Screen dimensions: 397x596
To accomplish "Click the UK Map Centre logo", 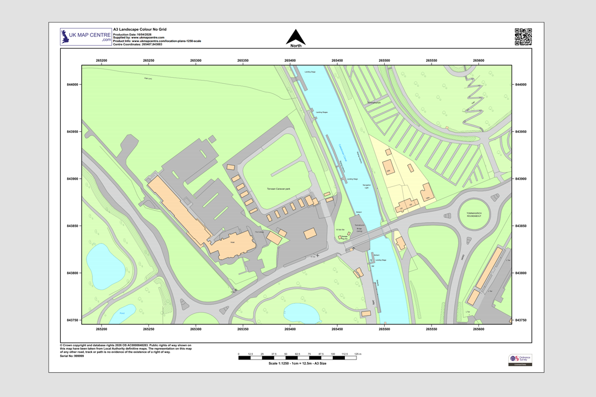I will pyautogui.click(x=86, y=37).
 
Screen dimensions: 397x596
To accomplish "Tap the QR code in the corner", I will pyautogui.click(x=523, y=36).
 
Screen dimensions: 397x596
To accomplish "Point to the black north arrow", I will pyautogui.click(x=296, y=37).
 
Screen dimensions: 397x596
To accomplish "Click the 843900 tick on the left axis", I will pyautogui.click(x=71, y=179).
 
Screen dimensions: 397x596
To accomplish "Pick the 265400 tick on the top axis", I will pyautogui.click(x=290, y=60).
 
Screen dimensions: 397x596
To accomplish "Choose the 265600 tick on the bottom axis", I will pyautogui.click(x=478, y=329).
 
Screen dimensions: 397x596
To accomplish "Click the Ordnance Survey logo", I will pyautogui.click(x=520, y=360).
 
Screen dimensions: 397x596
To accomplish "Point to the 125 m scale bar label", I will pyautogui.click(x=357, y=353).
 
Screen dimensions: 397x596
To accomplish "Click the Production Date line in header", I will pyautogui.click(x=132, y=34).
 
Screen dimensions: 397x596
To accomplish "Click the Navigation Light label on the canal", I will pyautogui.click(x=367, y=186).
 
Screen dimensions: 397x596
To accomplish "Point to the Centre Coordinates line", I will pyautogui.click(x=138, y=44).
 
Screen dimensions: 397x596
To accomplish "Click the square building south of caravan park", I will pyautogui.click(x=310, y=233).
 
